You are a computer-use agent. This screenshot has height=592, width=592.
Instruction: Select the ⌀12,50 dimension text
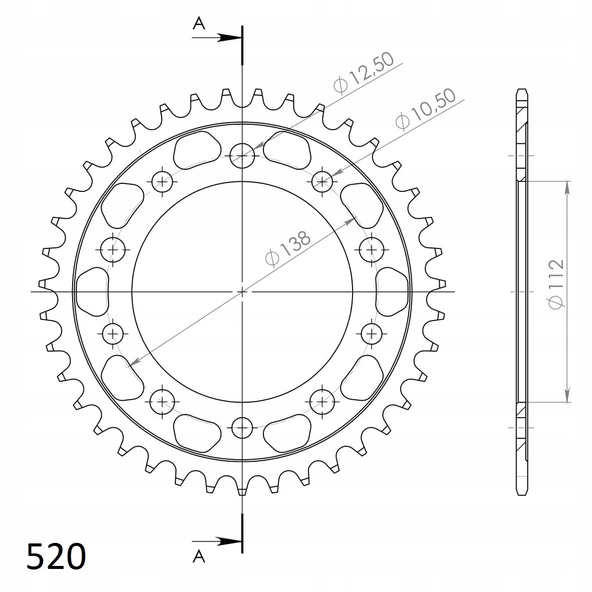click(x=364, y=73)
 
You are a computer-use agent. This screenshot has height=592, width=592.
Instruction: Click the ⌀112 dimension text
click(x=556, y=283)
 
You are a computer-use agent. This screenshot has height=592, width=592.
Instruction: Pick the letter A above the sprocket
click(x=199, y=24)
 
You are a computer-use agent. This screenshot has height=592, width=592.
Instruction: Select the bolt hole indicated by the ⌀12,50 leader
click(x=242, y=155)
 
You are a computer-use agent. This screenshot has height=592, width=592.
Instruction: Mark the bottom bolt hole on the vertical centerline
click(x=242, y=427)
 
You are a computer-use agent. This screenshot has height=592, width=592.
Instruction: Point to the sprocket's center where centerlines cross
click(x=242, y=291)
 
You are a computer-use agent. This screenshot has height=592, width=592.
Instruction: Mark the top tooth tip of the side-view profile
click(x=521, y=91)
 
